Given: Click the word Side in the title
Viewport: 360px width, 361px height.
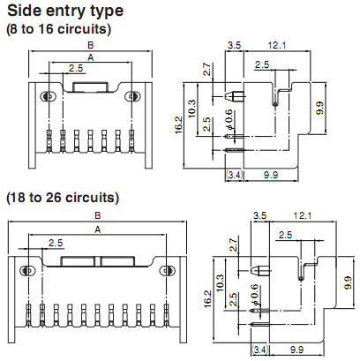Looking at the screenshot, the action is tap(24, 11).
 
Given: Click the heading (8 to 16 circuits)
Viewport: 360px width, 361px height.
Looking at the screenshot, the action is tap(59, 29).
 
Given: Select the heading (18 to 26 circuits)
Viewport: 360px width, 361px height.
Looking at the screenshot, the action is tap(63, 198).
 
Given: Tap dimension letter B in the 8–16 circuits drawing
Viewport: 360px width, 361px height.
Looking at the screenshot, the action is tap(91, 45).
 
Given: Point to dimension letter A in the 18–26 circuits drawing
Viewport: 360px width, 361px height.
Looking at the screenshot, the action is tap(98, 229).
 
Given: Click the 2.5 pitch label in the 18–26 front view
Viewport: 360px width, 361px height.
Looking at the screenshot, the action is tap(56, 243).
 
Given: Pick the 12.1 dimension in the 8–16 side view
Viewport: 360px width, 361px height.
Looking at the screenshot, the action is tap(277, 45).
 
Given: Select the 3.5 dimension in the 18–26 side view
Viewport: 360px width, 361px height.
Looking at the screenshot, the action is tap(259, 215).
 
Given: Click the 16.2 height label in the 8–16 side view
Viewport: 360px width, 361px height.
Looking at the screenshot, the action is tap(178, 125).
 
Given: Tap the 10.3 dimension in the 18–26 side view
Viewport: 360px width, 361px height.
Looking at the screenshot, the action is tap(220, 282).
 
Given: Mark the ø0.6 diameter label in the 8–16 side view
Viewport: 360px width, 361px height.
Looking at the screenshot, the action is tap(229, 120).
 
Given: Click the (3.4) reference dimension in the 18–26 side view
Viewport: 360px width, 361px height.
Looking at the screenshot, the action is tap(260, 350).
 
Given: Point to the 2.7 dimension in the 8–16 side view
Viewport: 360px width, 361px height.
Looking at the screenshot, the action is tap(207, 69).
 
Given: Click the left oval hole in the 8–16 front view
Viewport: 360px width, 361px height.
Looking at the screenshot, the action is tap(48, 96).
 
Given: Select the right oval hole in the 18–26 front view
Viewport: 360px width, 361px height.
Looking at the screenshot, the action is tap(167, 271).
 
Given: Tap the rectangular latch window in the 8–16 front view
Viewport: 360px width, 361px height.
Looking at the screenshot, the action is tap(91, 86).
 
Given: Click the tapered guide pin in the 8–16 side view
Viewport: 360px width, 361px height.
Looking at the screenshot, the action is tap(235, 96).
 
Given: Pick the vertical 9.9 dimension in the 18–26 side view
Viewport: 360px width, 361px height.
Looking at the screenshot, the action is tap(348, 282).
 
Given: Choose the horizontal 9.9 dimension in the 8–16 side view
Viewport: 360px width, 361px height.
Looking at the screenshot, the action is tap(271, 175).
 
